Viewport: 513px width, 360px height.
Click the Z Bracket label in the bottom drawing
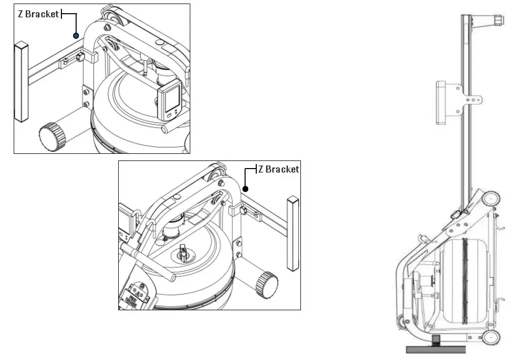coord(278,169)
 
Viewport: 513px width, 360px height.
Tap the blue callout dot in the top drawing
coord(76,36)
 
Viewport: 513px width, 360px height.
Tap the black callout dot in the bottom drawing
coord(245,189)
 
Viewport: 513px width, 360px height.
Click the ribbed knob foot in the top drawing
coord(53,136)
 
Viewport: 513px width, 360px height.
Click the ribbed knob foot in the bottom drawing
coord(267,284)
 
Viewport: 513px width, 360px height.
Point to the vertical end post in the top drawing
coord(21,82)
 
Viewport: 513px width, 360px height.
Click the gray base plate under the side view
coord(435,349)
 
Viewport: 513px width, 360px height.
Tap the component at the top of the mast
coord(490,20)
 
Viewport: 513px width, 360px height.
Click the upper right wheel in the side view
coord(491,199)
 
